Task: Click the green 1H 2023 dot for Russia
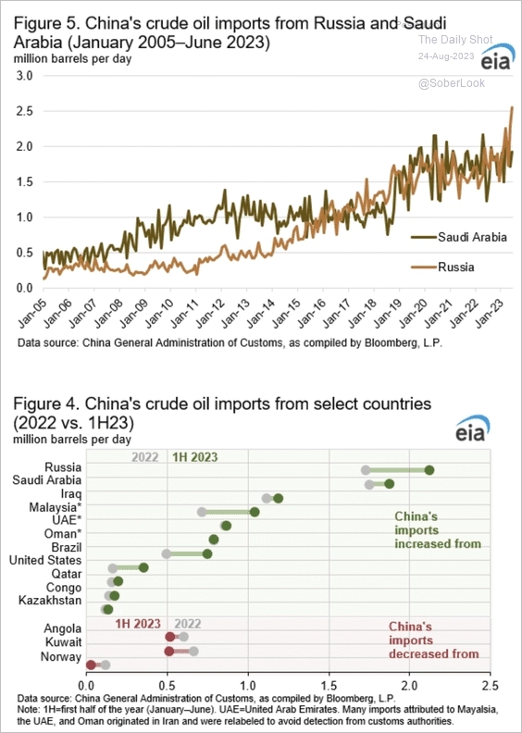click(429, 470)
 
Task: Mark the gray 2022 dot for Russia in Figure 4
click(366, 470)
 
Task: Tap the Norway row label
click(60, 657)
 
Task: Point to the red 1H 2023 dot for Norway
click(91, 665)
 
